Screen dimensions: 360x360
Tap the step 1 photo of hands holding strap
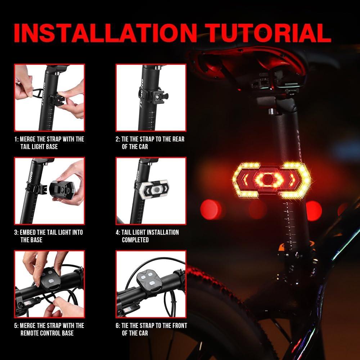click(x=49, y=97)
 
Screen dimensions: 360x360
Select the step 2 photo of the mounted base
click(x=151, y=97)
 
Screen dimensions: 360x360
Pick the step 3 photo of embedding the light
click(x=49, y=191)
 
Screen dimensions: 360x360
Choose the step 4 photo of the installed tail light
click(x=151, y=191)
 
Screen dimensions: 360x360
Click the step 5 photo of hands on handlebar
click(x=49, y=284)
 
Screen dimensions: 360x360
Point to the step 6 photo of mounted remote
click(x=151, y=284)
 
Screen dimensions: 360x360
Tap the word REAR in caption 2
click(x=177, y=139)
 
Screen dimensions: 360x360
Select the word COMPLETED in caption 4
click(x=135, y=240)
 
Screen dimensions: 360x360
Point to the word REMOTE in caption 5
click(x=30, y=333)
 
